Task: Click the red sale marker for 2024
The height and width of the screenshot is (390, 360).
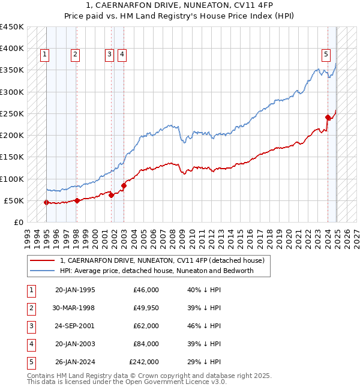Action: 328,118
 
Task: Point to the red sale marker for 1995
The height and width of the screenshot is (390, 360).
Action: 46,202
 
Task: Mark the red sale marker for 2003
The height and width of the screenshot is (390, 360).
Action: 124,186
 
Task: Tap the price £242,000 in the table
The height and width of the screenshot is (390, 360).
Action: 144,362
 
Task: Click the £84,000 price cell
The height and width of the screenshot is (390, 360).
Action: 146,344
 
